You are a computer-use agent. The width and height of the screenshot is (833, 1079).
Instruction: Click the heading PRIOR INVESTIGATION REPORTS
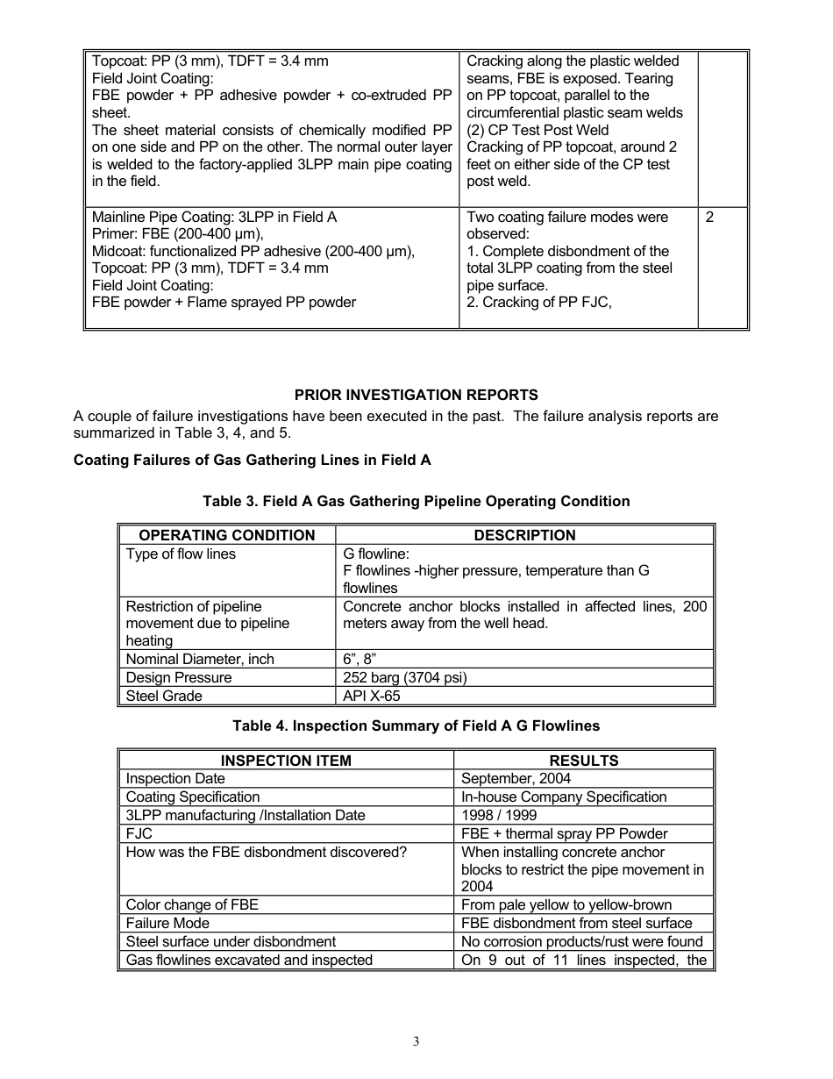click(416, 395)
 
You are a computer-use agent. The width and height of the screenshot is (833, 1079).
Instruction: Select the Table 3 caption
click(416, 502)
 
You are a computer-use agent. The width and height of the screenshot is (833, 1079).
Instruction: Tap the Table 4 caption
click(416, 726)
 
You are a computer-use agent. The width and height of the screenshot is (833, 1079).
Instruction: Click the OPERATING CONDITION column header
click(227, 535)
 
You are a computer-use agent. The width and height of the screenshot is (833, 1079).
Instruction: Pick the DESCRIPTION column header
click(524, 535)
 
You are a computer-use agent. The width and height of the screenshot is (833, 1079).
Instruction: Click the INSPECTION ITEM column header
click(286, 761)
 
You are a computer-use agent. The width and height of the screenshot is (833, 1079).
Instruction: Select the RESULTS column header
click(583, 761)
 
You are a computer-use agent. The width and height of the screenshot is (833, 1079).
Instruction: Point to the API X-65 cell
click(373, 697)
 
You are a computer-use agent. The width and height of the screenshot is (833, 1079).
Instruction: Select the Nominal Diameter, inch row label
click(200, 660)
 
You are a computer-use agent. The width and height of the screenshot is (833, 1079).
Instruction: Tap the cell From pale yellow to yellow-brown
click(566, 905)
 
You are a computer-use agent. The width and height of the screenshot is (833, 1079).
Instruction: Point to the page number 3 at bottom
click(416, 1042)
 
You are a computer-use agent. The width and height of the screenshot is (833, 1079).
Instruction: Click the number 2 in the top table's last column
click(709, 217)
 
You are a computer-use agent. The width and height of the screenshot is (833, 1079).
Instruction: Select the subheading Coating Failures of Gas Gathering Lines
click(253, 461)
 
